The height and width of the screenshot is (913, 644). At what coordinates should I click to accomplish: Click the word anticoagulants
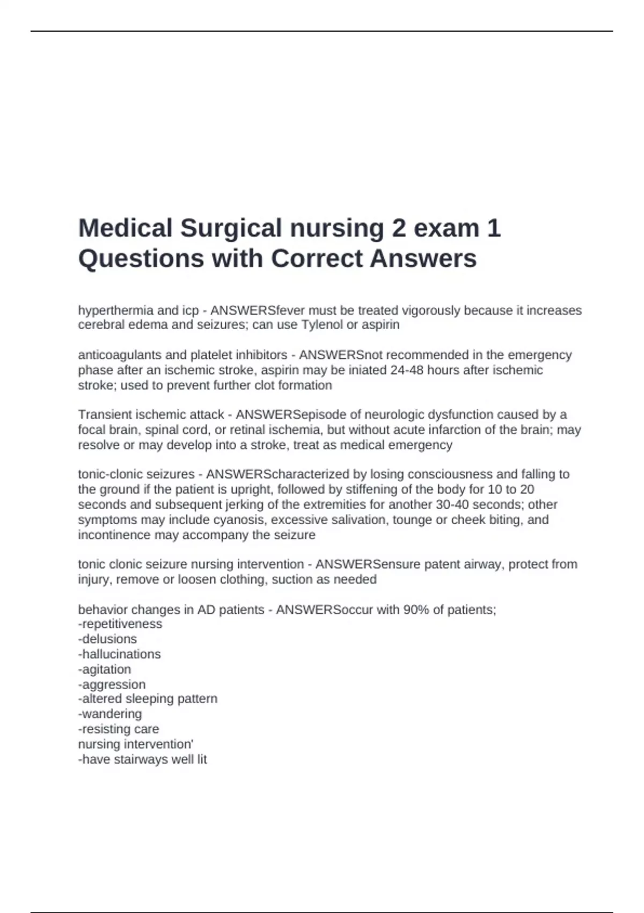click(x=116, y=355)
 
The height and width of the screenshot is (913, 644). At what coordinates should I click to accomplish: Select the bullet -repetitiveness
click(x=120, y=624)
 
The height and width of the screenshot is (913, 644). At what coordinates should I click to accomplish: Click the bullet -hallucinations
click(x=119, y=654)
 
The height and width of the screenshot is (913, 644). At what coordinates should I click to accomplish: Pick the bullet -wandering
click(x=110, y=714)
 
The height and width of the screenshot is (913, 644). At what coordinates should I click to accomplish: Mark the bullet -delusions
click(x=107, y=639)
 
